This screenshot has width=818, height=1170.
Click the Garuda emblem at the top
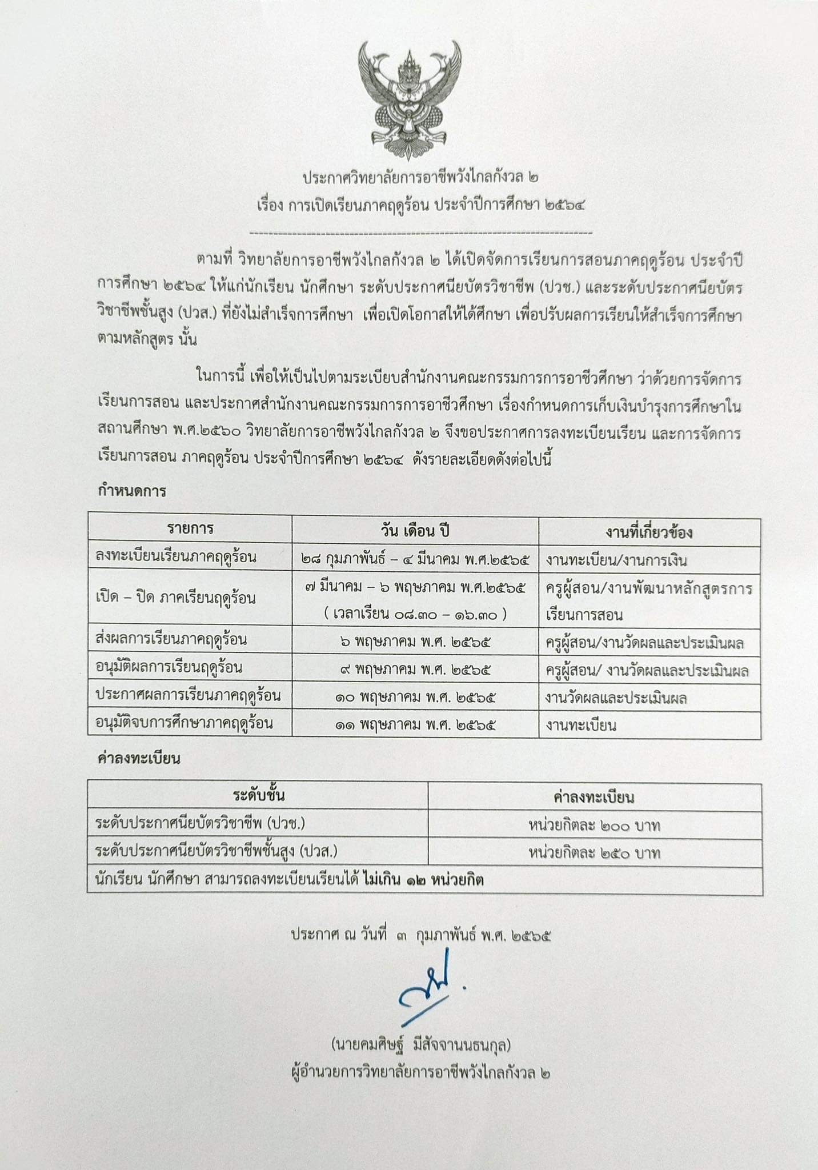(x=408, y=100)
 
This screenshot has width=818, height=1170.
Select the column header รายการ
(x=190, y=528)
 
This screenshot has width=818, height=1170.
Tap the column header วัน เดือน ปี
(x=415, y=530)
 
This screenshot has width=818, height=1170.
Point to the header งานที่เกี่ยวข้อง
(x=649, y=532)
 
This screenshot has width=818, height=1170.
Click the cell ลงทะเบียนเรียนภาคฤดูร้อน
(x=177, y=557)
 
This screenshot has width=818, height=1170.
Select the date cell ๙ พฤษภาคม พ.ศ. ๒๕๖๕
(x=415, y=668)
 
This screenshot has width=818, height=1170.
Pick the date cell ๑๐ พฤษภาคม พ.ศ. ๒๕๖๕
(x=415, y=696)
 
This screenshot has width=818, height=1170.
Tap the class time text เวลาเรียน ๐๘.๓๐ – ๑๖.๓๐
(x=415, y=614)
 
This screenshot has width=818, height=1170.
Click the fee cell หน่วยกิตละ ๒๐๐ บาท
(x=594, y=825)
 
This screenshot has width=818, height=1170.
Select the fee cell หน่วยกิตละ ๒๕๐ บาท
(x=594, y=853)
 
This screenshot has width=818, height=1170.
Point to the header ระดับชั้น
(x=259, y=795)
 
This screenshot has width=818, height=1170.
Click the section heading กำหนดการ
(x=132, y=491)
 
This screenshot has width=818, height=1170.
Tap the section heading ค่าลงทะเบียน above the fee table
(x=139, y=758)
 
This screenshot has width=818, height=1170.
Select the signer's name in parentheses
(x=420, y=1045)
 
